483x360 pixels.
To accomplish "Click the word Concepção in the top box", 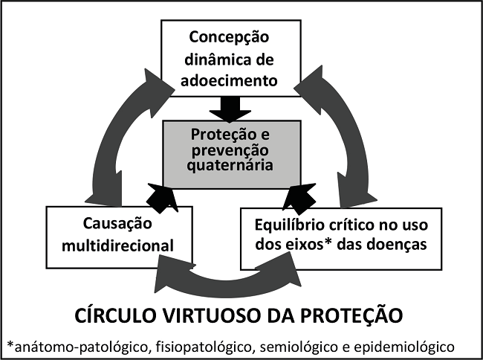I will click(228, 36).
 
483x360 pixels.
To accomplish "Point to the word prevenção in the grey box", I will click(233, 151).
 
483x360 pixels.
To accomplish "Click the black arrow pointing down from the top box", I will click(231, 109).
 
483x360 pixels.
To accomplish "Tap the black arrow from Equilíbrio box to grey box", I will click(301, 196).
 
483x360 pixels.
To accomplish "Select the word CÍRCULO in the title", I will click(114, 315).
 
